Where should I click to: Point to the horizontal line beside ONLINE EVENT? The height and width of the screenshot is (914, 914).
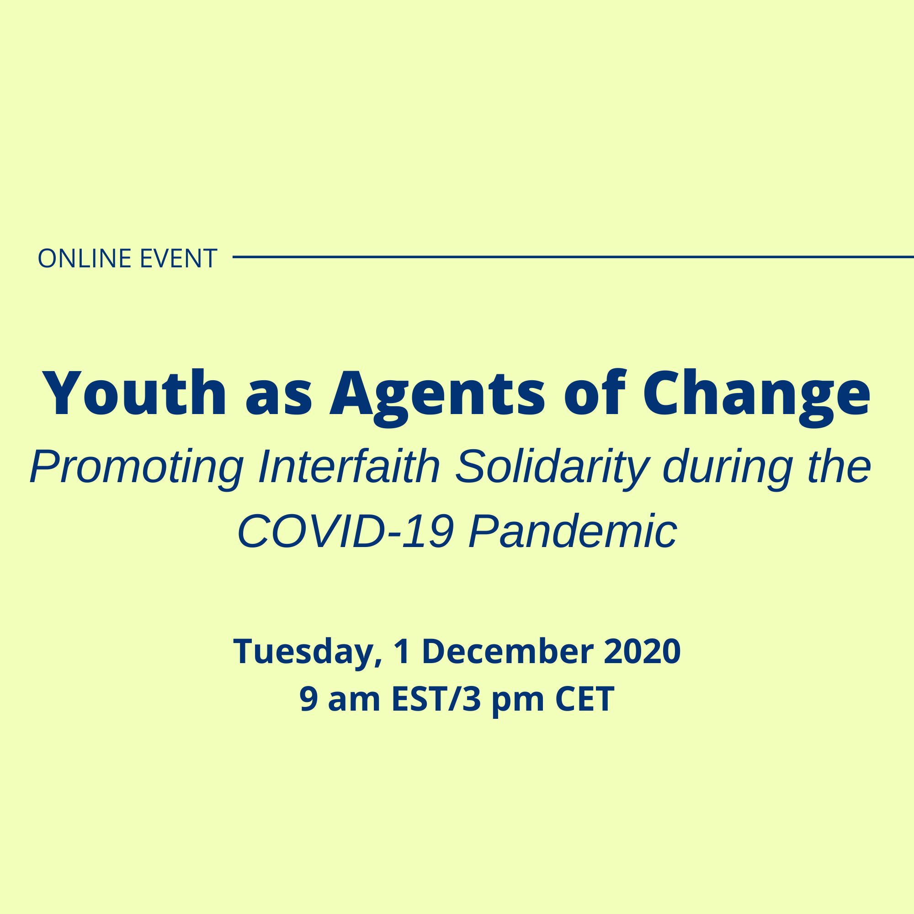574,257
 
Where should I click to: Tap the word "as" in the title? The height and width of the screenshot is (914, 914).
279,400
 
